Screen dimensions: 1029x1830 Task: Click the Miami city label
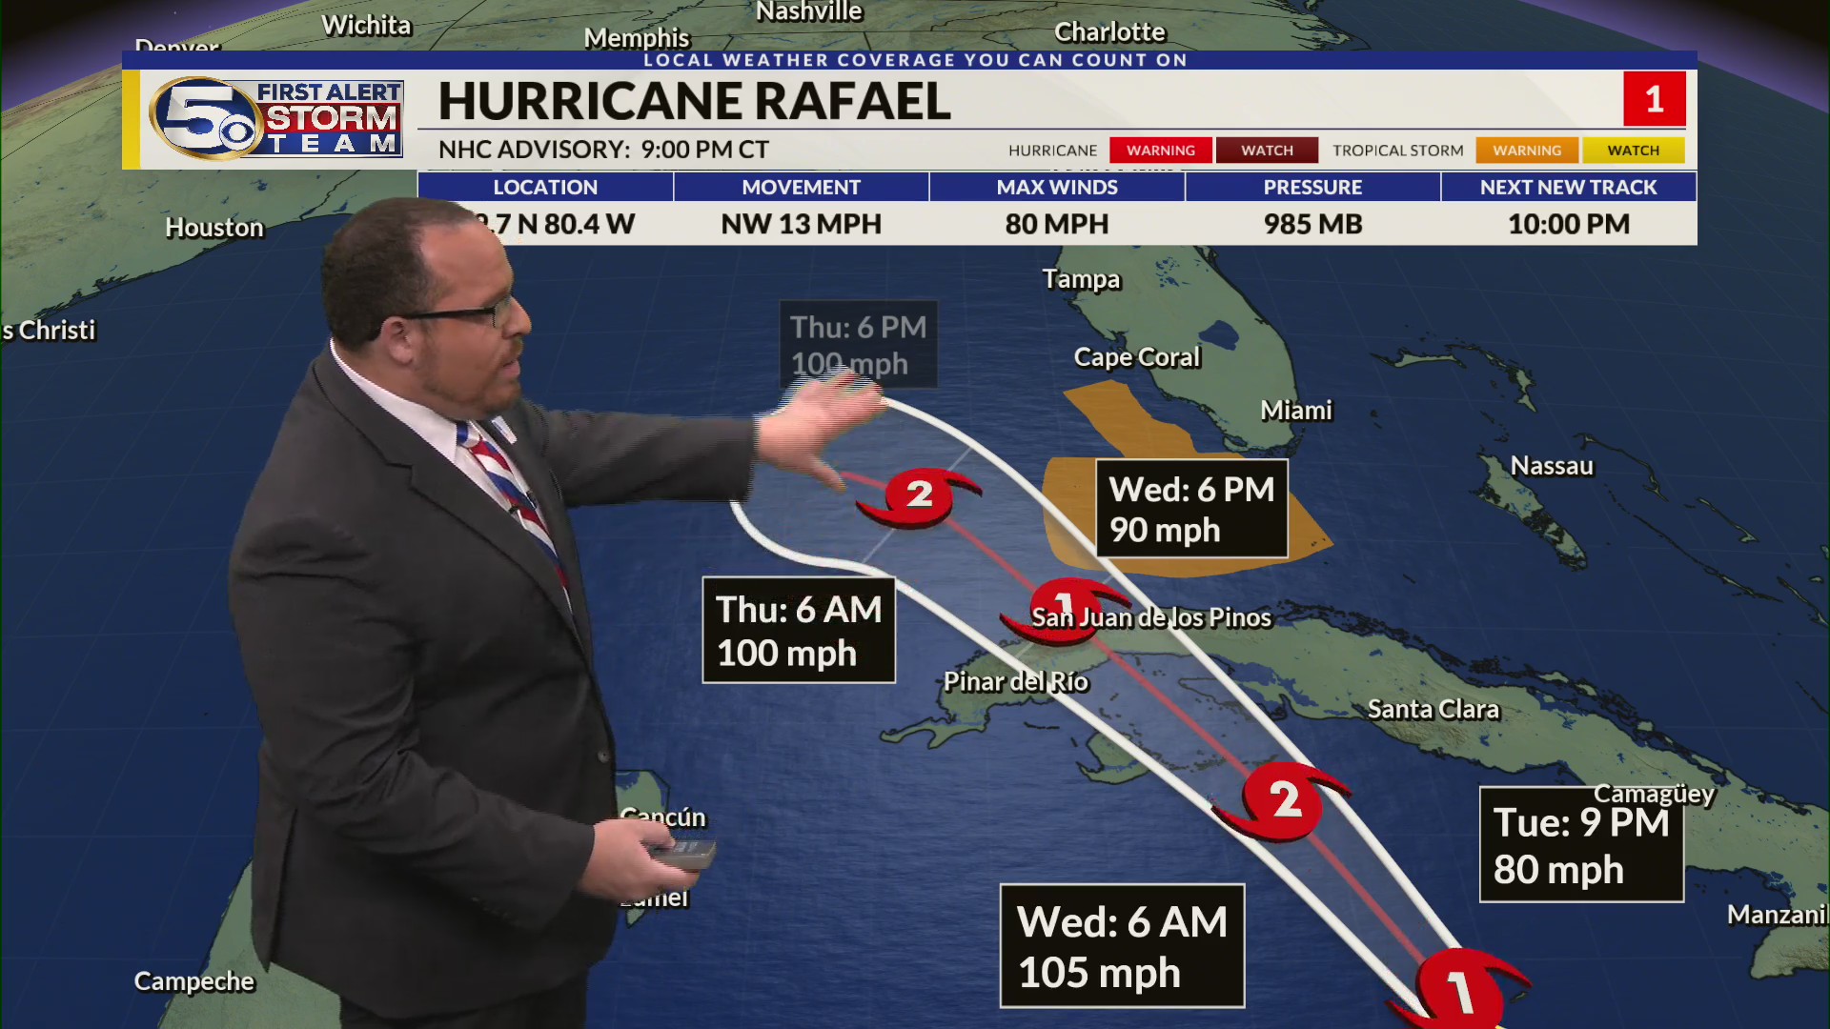(1295, 411)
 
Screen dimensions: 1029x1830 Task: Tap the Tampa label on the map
(1081, 279)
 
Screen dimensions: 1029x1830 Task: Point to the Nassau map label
(1551, 466)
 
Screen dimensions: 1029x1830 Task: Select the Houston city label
(214, 228)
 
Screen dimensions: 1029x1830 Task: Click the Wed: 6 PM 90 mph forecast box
(1191, 509)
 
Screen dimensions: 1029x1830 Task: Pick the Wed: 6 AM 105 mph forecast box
(1122, 946)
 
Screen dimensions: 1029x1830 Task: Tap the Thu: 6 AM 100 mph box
(799, 631)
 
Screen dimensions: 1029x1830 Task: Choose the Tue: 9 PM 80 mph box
(1581, 845)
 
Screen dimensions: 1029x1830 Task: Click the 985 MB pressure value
(1312, 224)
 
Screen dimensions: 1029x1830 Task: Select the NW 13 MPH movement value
(801, 224)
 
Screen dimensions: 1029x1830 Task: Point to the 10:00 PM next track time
(1568, 224)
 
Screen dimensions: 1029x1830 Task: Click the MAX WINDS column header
(1057, 187)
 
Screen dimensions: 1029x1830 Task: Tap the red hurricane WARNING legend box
(1160, 151)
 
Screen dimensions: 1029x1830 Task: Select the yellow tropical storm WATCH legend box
(1633, 151)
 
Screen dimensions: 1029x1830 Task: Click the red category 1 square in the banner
(1654, 99)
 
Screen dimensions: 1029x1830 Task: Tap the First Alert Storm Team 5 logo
(275, 118)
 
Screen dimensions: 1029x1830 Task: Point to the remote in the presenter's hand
(682, 853)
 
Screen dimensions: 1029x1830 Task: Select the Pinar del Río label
(1015, 682)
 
